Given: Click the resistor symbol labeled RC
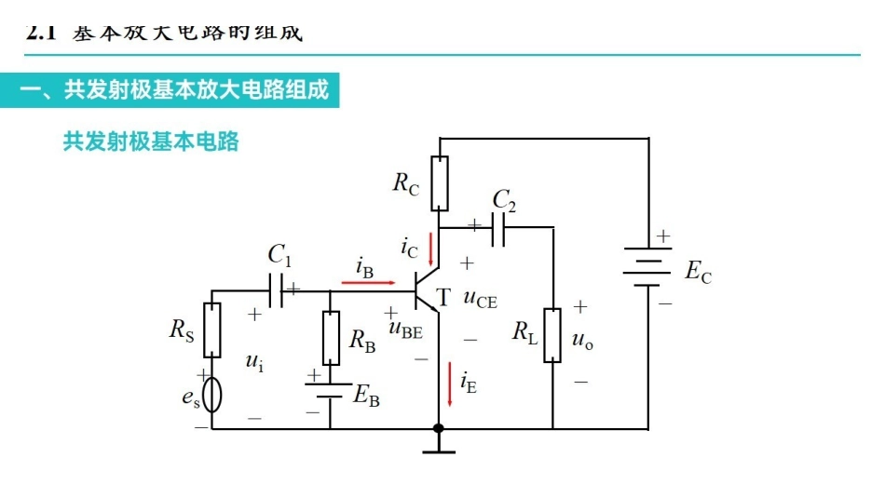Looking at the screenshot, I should [440, 182].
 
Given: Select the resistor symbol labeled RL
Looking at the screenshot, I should [552, 335].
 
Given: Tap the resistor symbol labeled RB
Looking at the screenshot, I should [331, 338].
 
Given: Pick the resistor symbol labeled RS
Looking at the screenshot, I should [212, 330].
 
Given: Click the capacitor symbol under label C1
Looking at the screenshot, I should [276, 289].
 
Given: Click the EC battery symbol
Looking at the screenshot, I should [647, 267].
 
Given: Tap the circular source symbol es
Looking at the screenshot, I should [212, 395].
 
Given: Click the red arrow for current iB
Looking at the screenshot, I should [368, 280].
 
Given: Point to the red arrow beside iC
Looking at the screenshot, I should [430, 249].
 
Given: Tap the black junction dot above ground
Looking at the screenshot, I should [439, 428].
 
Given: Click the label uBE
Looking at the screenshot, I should [406, 328].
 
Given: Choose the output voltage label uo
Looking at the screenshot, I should [583, 342].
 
